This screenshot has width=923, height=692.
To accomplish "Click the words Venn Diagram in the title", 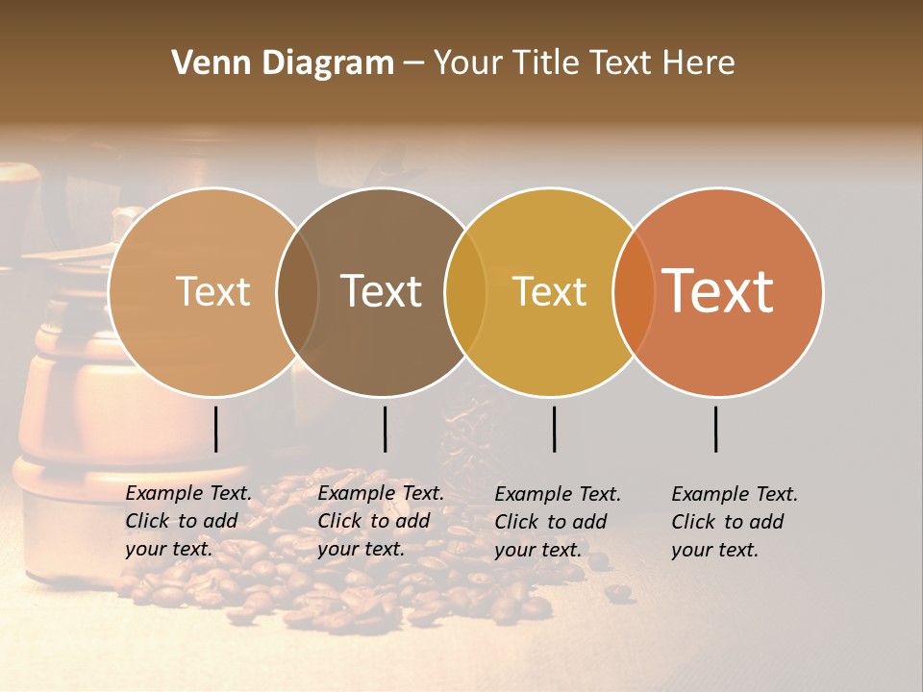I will [283, 63].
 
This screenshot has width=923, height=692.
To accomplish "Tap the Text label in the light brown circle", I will [212, 292].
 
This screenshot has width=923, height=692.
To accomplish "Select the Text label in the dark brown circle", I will [382, 291].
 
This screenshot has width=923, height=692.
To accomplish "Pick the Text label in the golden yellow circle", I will [550, 292].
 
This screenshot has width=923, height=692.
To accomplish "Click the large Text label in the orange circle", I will [718, 290].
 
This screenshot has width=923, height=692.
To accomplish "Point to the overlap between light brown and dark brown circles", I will [297, 292].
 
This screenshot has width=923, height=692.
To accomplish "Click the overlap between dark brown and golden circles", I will [465, 292].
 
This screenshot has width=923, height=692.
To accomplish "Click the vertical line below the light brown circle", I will [216, 429].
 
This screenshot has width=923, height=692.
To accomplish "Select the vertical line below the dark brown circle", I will [385, 429].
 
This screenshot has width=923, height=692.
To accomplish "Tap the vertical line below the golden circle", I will [554, 429].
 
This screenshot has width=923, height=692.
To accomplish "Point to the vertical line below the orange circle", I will [716, 429].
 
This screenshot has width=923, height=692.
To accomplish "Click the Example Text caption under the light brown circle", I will [188, 521].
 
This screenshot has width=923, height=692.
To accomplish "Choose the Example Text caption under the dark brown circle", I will [381, 521].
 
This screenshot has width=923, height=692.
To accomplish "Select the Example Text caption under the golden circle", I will [558, 522].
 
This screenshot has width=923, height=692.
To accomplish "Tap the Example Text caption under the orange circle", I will [735, 522].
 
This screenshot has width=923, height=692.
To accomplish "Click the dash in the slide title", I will [413, 63].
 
